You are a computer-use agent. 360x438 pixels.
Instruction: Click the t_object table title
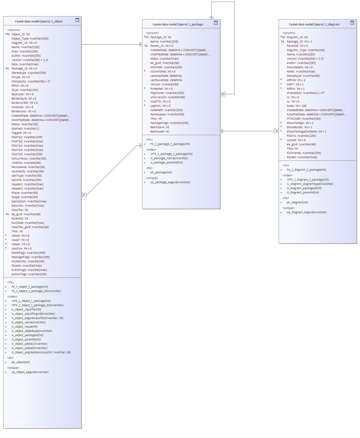(x=39, y=21)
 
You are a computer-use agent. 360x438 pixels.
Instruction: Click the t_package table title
(x=178, y=24)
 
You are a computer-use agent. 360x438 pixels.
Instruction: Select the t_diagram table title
(x=314, y=24)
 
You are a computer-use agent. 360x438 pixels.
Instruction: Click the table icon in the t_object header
(x=77, y=20)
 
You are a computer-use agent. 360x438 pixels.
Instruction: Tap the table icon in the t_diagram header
(x=352, y=23)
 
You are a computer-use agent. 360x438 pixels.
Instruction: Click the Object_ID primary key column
(x=20, y=34)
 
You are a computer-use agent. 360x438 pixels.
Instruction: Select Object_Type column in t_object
(x=30, y=39)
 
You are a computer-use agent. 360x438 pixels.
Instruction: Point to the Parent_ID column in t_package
(x=162, y=46)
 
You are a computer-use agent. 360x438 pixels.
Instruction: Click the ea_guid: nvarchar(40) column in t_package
(x=165, y=63)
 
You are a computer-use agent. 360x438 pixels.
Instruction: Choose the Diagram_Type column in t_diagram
(x=306, y=50)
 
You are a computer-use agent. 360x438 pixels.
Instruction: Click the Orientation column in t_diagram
(x=306, y=93)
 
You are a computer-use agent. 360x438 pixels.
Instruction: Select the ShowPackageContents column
(x=306, y=131)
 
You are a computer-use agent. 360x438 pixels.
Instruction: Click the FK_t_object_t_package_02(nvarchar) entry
(x=36, y=291)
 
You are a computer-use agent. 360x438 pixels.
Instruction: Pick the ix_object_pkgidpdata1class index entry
(x=41, y=352)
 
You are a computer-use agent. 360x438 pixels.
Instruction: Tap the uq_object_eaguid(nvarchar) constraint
(x=30, y=372)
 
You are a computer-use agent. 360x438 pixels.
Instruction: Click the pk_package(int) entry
(x=161, y=172)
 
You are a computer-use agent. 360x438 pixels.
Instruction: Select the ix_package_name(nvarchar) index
(x=169, y=158)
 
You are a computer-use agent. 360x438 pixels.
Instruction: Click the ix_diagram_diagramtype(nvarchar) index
(x=310, y=184)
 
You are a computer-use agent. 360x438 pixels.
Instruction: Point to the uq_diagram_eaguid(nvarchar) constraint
(x=307, y=212)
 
